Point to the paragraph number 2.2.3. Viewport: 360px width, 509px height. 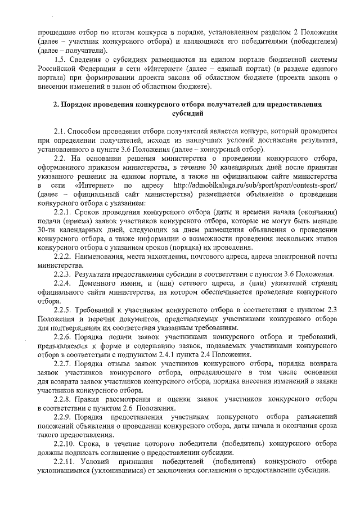(63, 274)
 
